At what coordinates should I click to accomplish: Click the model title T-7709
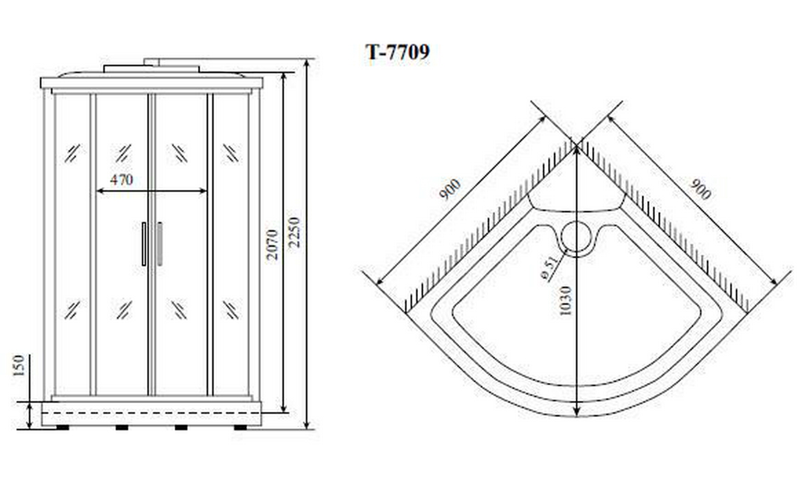397,52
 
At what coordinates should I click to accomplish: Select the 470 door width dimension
122,180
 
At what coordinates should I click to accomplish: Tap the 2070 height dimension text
272,244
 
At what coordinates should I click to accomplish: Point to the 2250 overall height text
294,232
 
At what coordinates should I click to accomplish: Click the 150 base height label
18,365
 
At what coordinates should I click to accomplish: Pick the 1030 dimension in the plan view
565,301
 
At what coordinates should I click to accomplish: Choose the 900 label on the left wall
450,189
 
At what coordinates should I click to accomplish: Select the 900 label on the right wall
700,189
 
